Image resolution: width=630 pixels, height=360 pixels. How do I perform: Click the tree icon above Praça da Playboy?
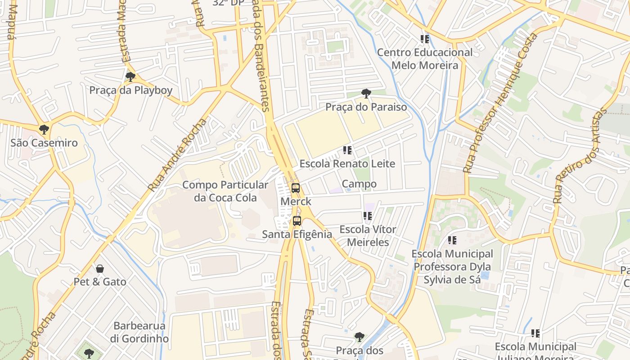coord(130,77)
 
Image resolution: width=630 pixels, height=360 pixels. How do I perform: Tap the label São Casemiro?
coord(44,143)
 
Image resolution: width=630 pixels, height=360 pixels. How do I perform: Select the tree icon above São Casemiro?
coord(44,130)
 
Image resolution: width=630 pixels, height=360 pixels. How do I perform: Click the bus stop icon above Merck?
coord(295,188)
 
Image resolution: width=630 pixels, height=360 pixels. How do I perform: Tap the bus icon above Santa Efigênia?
coord(297,220)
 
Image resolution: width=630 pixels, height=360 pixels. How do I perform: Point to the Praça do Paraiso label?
coord(366,107)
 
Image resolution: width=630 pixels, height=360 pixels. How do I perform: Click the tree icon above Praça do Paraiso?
coord(366,94)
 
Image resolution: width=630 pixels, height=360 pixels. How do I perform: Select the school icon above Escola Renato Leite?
coord(347,150)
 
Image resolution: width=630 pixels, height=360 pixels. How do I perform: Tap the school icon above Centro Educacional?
coord(424,39)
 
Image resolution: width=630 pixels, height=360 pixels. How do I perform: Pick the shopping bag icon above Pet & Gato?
coord(100,269)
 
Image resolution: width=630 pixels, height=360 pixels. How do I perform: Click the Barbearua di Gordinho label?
coord(139,332)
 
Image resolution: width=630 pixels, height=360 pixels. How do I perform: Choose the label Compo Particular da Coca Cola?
coord(225,191)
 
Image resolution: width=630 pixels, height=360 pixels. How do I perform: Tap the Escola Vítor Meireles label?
coord(368,236)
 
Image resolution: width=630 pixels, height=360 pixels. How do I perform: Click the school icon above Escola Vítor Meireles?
coord(367,216)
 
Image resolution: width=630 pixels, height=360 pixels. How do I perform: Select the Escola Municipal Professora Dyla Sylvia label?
coord(452,267)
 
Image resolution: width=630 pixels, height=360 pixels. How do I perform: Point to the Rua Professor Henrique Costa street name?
coord(499,103)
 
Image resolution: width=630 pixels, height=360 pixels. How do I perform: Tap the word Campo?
coord(359,184)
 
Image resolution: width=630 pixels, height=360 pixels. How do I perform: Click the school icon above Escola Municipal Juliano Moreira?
coord(535,333)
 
